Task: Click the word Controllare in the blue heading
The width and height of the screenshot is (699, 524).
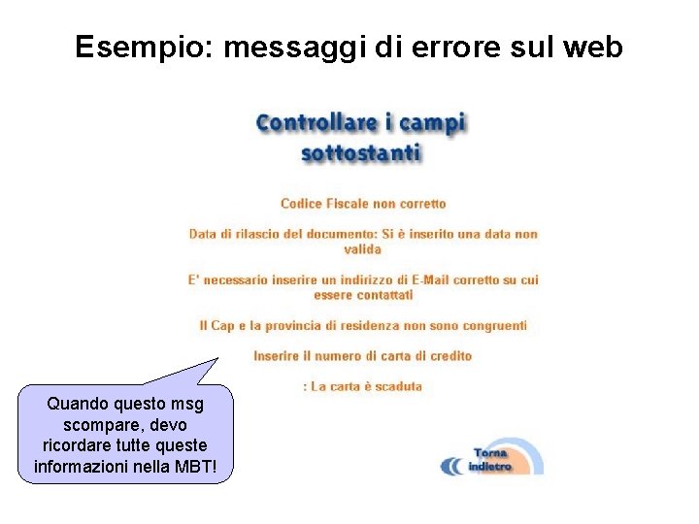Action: pyautogui.click(x=316, y=123)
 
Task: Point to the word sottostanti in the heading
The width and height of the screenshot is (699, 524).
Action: pyautogui.click(x=361, y=153)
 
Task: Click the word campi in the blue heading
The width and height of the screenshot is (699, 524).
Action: pyautogui.click(x=434, y=124)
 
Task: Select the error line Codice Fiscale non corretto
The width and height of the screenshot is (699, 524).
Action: pyautogui.click(x=363, y=204)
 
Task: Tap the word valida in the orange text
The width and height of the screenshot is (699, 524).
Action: pyautogui.click(x=363, y=249)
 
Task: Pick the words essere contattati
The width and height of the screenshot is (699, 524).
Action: pyautogui.click(x=363, y=294)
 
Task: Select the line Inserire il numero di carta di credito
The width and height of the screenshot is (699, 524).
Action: pyautogui.click(x=363, y=356)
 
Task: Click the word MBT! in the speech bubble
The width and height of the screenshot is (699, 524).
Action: pyautogui.click(x=208, y=468)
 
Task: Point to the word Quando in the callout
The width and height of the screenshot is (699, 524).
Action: pyautogui.click(x=74, y=404)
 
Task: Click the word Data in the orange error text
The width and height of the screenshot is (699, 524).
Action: pyautogui.click(x=203, y=234)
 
